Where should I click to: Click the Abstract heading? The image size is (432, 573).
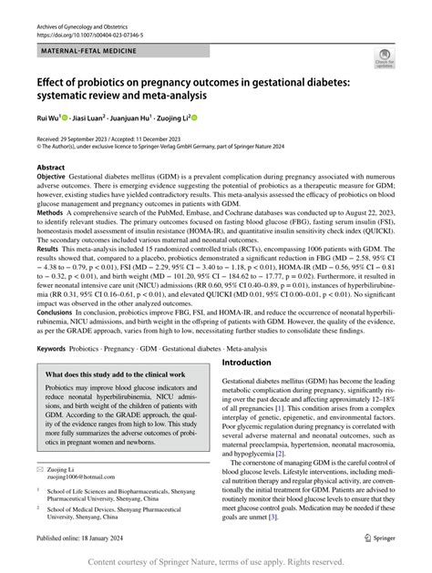coord(50,168)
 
